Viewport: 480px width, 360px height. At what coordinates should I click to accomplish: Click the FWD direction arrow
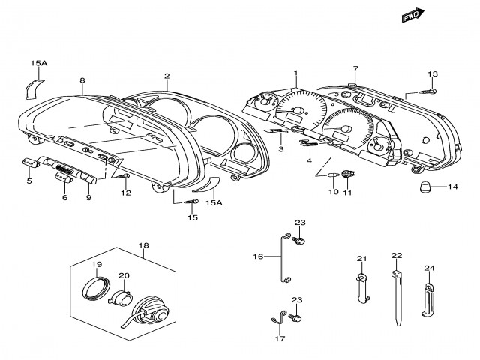click(x=413, y=15)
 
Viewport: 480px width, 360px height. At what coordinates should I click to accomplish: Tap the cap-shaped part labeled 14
click(x=425, y=187)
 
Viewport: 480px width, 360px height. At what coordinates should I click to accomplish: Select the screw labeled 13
click(x=428, y=91)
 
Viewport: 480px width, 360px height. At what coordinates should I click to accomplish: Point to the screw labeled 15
click(x=192, y=202)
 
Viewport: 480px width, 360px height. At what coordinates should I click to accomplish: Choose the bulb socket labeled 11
click(x=347, y=174)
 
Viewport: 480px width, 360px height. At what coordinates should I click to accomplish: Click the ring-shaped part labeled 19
click(x=96, y=287)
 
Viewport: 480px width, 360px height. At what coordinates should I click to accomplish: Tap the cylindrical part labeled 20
click(x=120, y=298)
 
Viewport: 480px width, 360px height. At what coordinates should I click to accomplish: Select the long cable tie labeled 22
click(x=397, y=297)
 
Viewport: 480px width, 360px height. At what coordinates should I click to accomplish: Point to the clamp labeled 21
click(x=362, y=288)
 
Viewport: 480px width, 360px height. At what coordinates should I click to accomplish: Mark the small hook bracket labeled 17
click(x=279, y=318)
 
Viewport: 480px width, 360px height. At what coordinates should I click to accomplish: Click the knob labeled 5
click(x=31, y=163)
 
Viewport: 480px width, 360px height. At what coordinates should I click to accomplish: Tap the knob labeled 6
click(x=64, y=178)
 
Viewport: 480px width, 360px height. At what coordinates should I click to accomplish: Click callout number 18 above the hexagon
click(x=143, y=245)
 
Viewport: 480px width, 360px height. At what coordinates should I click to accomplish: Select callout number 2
click(x=166, y=76)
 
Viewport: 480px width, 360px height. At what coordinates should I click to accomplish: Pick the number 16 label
click(x=258, y=256)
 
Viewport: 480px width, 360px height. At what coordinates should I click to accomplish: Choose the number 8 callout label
click(x=82, y=80)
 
